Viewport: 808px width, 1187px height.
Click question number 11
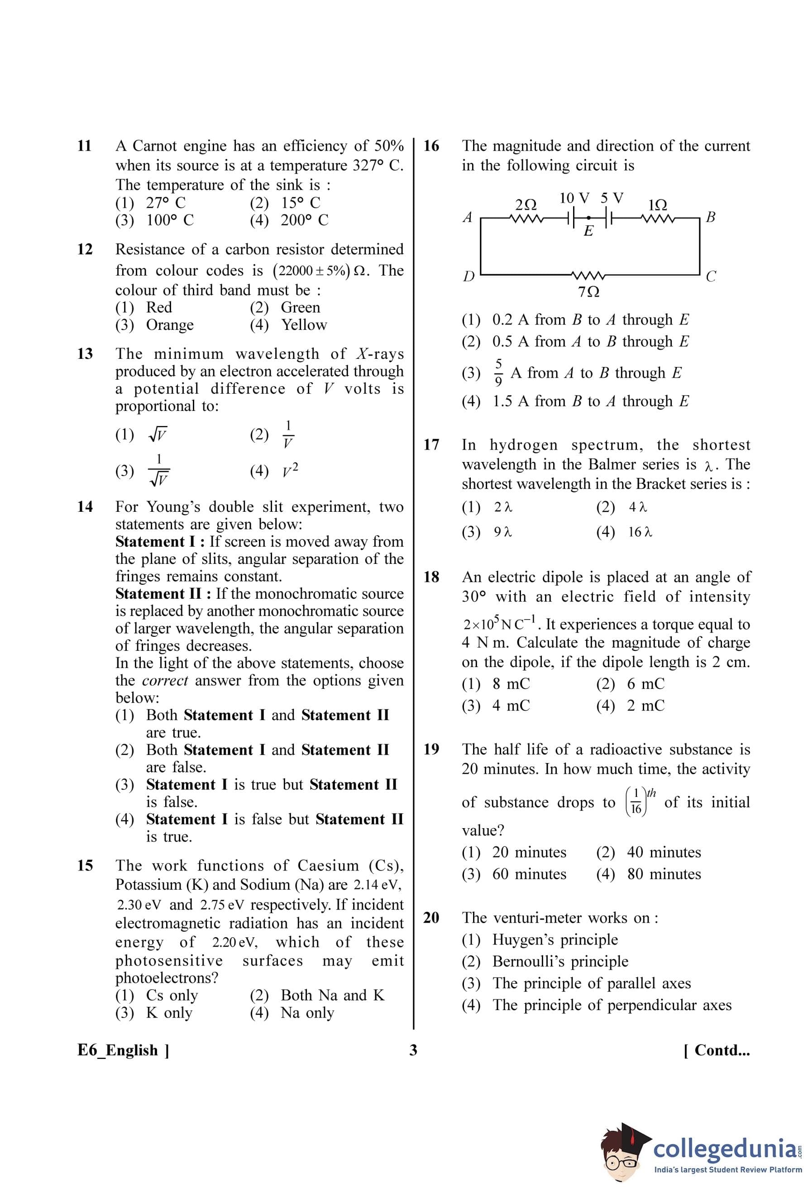[x=84, y=146]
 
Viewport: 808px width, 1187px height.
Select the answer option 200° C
[x=304, y=220]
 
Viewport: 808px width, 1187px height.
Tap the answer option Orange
[x=170, y=325]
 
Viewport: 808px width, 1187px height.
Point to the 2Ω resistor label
[x=526, y=205]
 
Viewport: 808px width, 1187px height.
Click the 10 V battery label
[x=574, y=198]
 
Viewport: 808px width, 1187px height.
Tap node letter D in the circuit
[x=469, y=276]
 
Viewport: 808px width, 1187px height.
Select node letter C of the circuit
[x=710, y=277]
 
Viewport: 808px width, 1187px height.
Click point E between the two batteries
[x=588, y=231]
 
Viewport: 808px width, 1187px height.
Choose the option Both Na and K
[x=332, y=995]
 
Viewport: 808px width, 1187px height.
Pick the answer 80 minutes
[x=664, y=874]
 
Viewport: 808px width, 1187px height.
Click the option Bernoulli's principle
[x=560, y=961]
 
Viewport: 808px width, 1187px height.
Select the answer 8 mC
[x=511, y=683]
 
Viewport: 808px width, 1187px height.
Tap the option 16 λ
[x=640, y=532]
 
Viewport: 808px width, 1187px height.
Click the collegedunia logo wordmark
[x=723, y=1149]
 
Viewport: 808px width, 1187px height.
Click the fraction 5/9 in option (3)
[x=499, y=372]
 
